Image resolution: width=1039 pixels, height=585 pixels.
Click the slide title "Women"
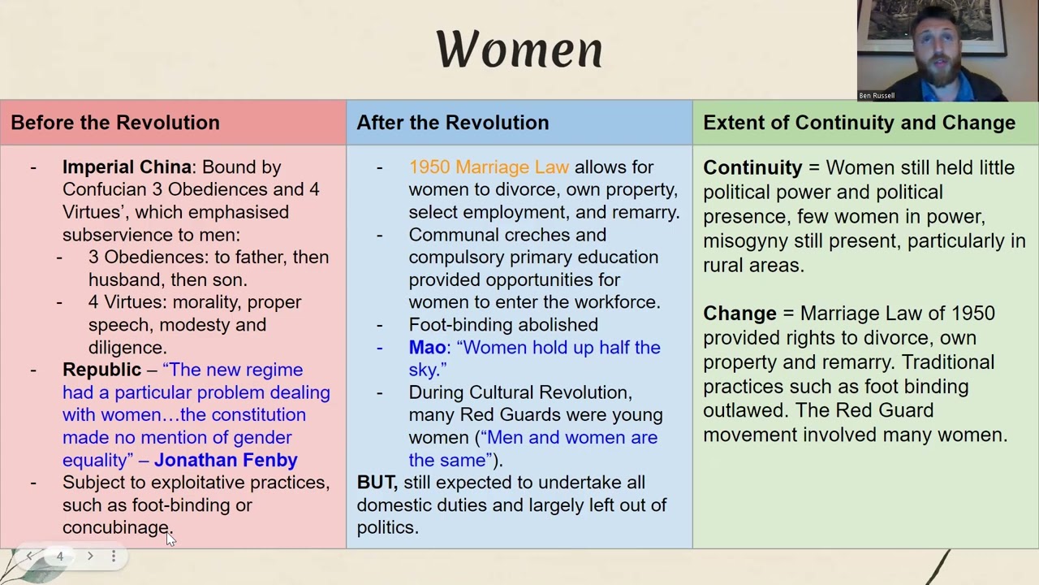tap(519, 49)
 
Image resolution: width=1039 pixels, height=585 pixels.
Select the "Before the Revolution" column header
tap(115, 123)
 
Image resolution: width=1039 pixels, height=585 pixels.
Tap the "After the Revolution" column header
tap(452, 123)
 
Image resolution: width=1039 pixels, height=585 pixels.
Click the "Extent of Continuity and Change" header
tap(859, 123)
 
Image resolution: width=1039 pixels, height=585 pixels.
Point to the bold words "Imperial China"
tap(127, 167)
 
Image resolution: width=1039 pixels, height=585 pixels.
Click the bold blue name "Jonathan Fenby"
tap(226, 460)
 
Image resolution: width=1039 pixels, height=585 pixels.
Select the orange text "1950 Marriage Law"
tap(489, 167)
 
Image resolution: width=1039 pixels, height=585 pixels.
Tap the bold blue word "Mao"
tap(427, 348)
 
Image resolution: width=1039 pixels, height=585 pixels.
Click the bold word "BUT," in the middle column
tap(377, 483)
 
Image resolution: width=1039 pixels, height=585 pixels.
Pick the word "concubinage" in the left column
tap(115, 527)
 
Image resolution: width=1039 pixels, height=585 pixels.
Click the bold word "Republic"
tap(101, 370)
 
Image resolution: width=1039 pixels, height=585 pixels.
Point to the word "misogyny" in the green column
tap(742, 241)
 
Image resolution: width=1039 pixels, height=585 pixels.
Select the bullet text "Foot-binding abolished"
tap(503, 325)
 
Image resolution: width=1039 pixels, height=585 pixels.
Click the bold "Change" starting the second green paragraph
tap(739, 314)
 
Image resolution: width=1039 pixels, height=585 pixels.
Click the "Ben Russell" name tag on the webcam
tap(877, 96)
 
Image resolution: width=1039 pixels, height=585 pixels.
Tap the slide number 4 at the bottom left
tap(59, 557)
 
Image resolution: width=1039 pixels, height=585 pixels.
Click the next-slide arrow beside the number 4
tap(90, 557)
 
